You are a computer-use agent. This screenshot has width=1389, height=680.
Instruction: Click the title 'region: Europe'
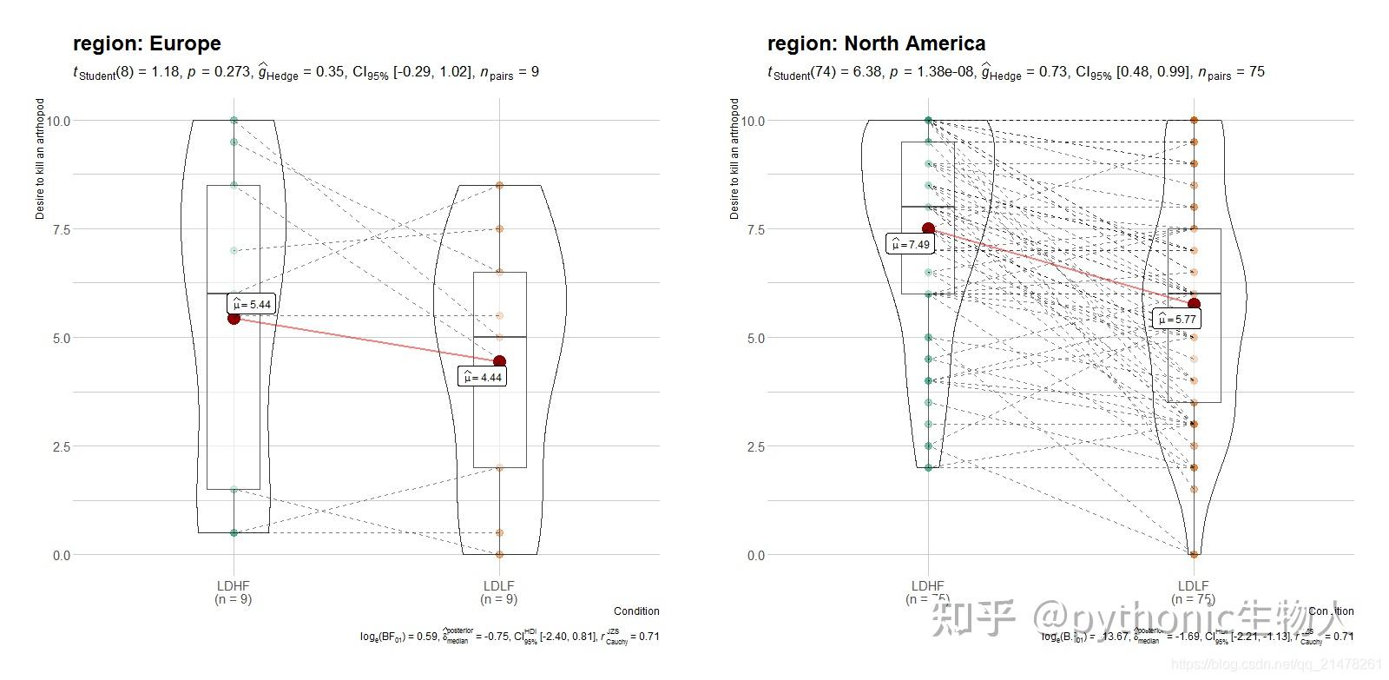(147, 43)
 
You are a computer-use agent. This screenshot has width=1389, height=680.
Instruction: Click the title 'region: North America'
(876, 43)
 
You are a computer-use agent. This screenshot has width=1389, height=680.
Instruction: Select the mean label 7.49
(910, 244)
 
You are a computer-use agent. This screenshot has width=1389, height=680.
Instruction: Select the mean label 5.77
(1177, 319)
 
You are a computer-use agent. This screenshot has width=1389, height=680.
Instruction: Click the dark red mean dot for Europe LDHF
(234, 318)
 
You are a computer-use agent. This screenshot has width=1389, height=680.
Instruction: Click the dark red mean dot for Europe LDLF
(499, 361)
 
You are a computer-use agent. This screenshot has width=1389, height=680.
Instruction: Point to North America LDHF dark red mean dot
(928, 228)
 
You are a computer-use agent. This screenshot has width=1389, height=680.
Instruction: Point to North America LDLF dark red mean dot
(1194, 304)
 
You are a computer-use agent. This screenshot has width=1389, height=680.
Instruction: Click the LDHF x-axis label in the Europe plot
(233, 586)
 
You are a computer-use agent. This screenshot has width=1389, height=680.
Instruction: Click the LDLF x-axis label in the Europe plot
(498, 586)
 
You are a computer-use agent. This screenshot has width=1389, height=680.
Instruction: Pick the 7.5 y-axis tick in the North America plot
(755, 229)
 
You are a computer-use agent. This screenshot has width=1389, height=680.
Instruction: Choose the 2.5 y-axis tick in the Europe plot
(62, 446)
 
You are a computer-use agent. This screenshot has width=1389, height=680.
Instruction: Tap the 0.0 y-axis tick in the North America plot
(755, 555)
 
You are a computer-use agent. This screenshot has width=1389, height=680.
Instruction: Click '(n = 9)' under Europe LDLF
(498, 599)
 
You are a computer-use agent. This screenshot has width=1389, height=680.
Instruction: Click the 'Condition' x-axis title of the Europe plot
(636, 611)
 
